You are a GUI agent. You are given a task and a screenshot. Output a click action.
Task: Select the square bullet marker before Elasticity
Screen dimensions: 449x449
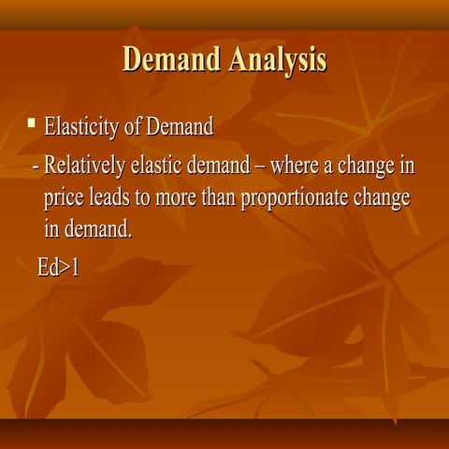point(32,122)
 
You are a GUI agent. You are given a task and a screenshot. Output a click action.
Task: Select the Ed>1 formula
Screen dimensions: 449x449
point(58,268)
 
